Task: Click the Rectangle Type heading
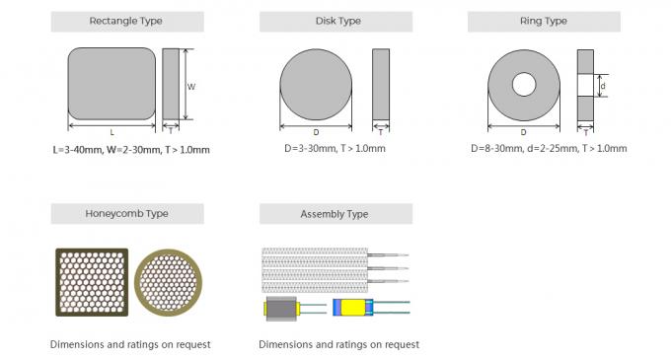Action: tap(126, 21)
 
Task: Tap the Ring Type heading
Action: tap(543, 21)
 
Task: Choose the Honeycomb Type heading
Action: tap(126, 214)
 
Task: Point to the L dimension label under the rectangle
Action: tap(112, 131)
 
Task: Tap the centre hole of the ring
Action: tap(523, 85)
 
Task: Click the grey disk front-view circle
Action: tap(316, 85)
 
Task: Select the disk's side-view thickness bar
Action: tap(381, 85)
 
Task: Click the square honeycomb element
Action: tap(91, 283)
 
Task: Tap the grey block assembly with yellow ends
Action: tap(283, 309)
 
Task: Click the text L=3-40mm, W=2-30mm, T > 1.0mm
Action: tap(131, 150)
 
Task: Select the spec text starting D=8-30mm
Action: tap(549, 148)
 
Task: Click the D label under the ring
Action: tap(523, 131)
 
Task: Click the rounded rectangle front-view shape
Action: tap(112, 85)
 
